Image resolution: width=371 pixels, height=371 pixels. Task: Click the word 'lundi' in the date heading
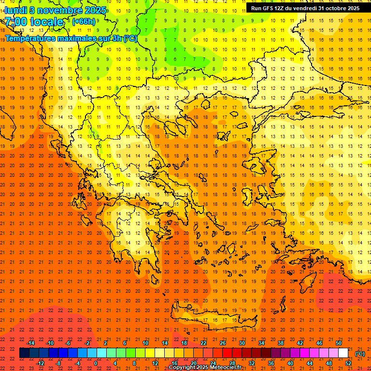17,10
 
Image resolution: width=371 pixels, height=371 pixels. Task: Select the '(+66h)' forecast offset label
84,22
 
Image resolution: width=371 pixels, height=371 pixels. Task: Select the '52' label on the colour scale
348,363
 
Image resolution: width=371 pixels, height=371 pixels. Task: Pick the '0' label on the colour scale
95,363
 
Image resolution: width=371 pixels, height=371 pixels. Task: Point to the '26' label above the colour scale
223,343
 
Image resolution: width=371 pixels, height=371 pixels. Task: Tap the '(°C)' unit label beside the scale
360,354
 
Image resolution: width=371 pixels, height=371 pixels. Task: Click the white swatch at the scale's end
343,353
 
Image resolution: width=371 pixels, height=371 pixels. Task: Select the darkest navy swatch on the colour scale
25,353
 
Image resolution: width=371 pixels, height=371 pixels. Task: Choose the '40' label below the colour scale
290,363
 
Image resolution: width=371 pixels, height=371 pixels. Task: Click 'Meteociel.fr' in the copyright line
225,368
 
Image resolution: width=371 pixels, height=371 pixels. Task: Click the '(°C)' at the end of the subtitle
130,38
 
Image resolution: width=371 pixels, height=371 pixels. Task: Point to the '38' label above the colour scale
281,343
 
